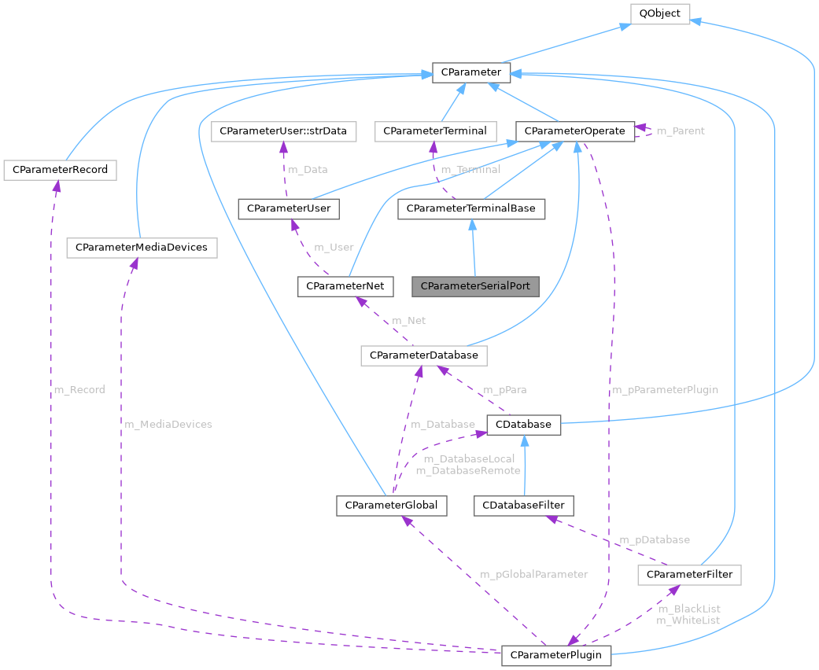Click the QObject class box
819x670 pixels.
pyautogui.click(x=659, y=13)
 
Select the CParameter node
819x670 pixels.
pyautogui.click(x=471, y=72)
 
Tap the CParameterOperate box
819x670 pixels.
pyautogui.click(x=574, y=131)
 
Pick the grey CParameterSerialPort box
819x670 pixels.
pyautogui.click(x=475, y=285)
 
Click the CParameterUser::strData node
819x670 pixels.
pyautogui.click(x=283, y=131)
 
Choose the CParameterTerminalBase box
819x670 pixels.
pyautogui.click(x=471, y=208)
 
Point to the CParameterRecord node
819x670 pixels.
pyautogui.click(x=60, y=169)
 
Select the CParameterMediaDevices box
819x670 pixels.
pyautogui.click(x=142, y=247)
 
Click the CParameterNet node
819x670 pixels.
pyautogui.click(x=345, y=285)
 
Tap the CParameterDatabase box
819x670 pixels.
pyautogui.click(x=424, y=355)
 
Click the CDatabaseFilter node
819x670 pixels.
pyautogui.click(x=524, y=504)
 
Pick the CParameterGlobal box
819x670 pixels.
pyautogui.click(x=392, y=504)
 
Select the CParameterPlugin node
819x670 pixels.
pyautogui.click(x=556, y=654)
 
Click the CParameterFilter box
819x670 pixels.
pyautogui.click(x=689, y=574)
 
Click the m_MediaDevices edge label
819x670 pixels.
pyautogui.click(x=168, y=424)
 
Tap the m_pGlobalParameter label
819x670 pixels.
pyautogui.click(x=533, y=574)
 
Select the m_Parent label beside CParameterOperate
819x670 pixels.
pyautogui.click(x=681, y=131)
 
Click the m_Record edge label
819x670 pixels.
pyautogui.click(x=79, y=389)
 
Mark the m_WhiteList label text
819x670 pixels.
pyautogui.click(x=688, y=620)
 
